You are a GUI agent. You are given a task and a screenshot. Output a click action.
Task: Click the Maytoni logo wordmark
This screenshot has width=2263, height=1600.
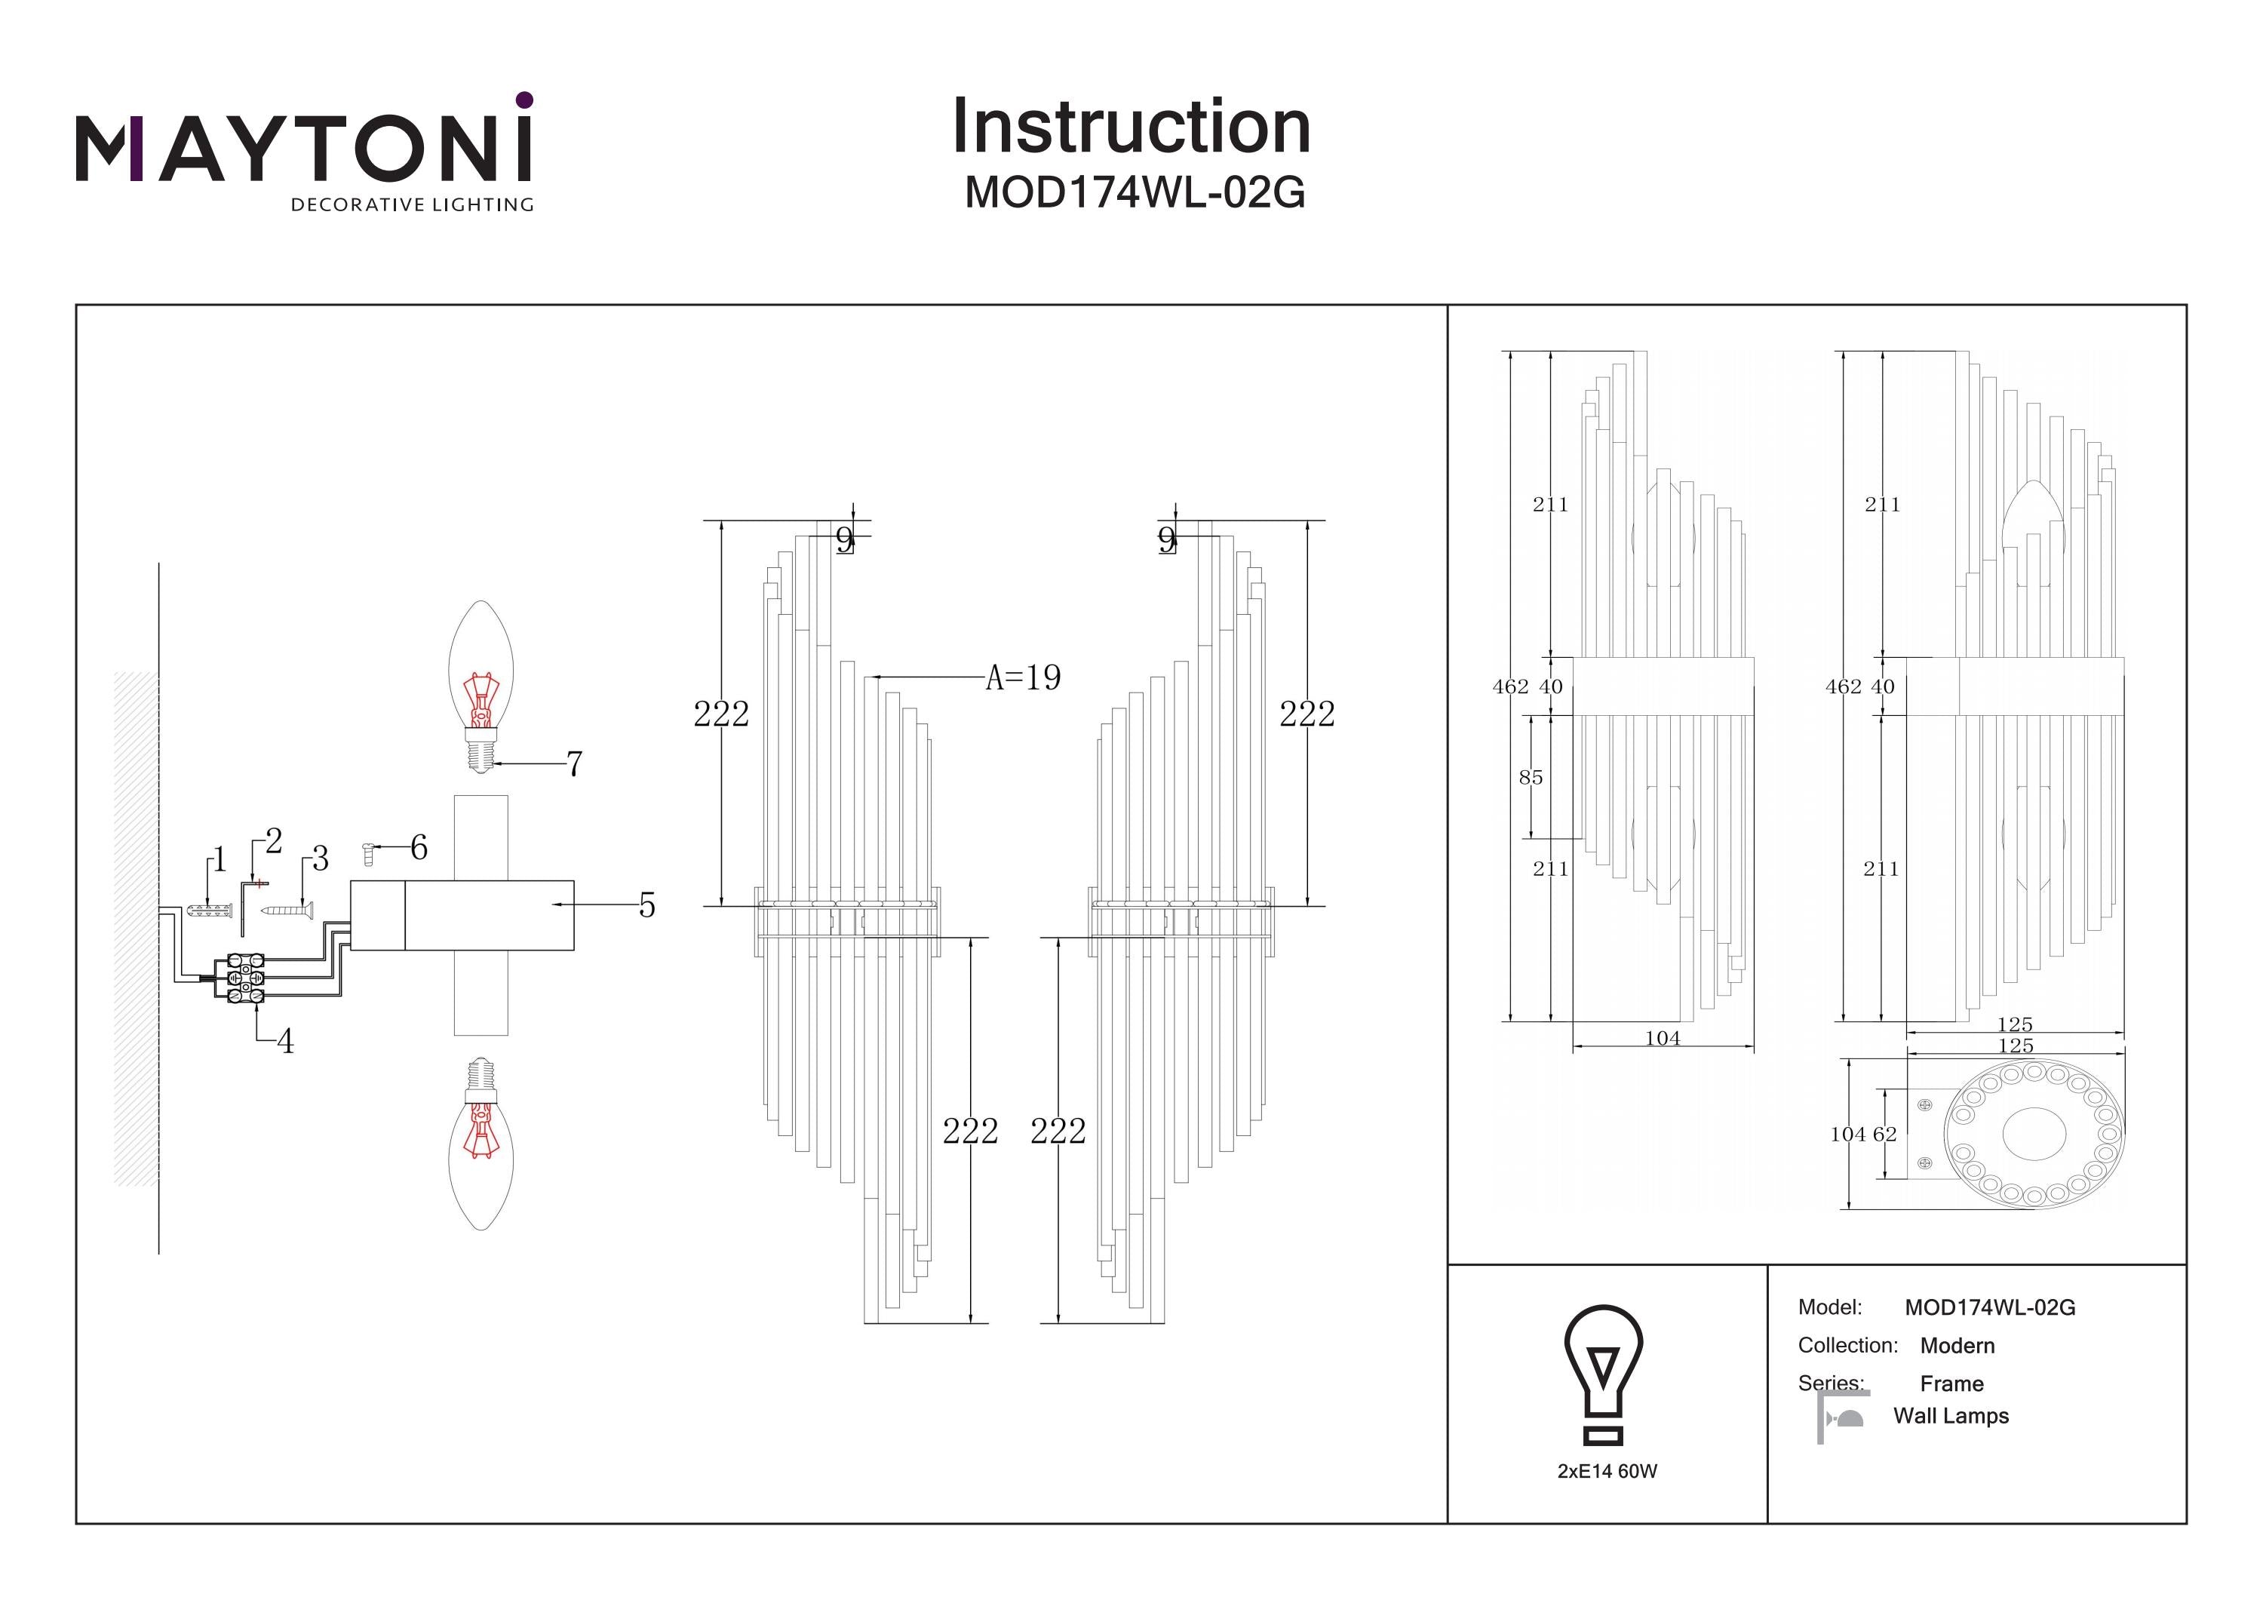(303, 150)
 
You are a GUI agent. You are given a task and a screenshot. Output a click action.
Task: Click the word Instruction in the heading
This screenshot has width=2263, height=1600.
(1131, 127)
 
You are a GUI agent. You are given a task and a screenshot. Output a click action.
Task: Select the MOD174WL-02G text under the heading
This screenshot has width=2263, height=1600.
(1135, 193)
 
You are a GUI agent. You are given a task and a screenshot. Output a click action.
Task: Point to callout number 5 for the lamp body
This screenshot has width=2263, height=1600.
(646, 905)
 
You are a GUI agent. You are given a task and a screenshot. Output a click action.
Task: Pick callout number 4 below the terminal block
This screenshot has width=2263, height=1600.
(285, 1041)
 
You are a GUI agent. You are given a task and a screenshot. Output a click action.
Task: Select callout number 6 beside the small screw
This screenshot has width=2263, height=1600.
(419, 847)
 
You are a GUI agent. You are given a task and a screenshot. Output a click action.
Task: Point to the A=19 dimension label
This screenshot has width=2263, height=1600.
(1023, 678)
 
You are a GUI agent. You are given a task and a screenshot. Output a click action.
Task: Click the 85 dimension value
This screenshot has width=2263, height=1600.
(1531, 778)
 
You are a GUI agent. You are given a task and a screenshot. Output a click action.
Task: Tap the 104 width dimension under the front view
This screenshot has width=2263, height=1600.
(1663, 1038)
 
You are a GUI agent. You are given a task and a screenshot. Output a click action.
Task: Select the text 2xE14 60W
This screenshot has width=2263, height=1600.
(1607, 1471)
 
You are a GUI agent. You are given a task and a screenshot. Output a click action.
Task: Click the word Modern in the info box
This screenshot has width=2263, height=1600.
(1957, 1346)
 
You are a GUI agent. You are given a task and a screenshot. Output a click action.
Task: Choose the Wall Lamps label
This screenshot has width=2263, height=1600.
(1951, 1416)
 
